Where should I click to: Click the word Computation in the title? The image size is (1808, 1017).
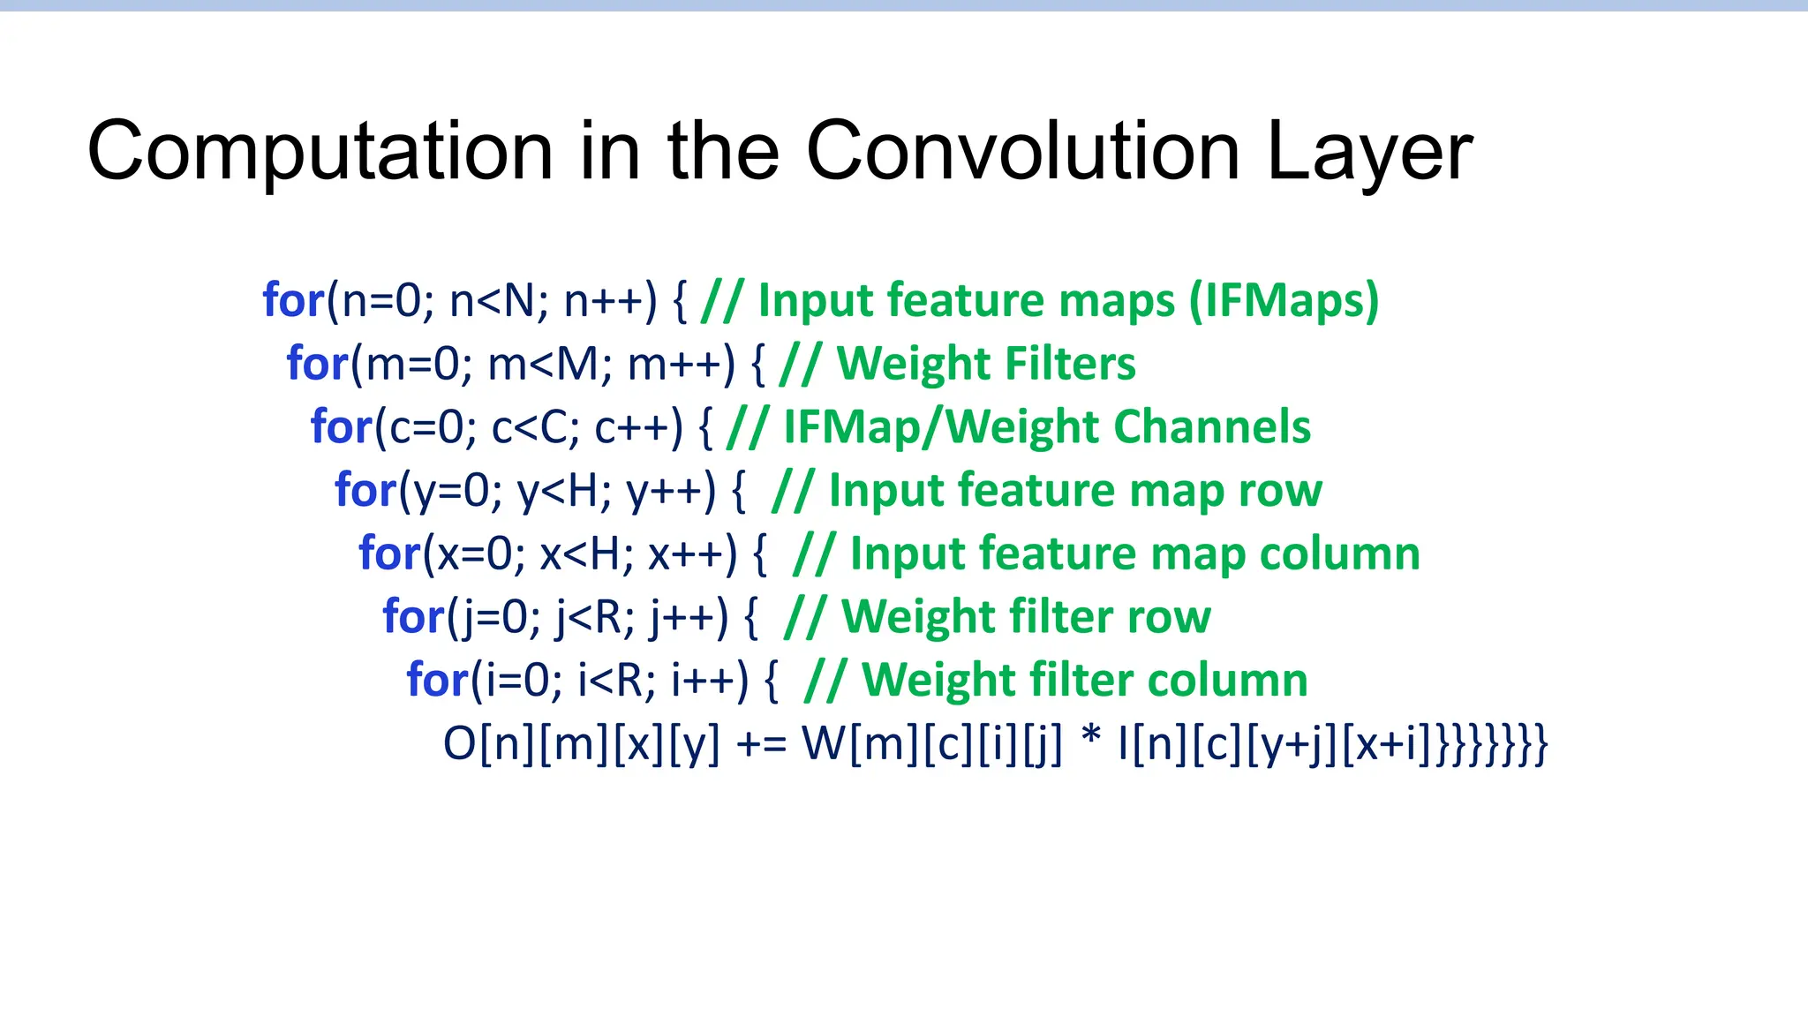[x=320, y=152]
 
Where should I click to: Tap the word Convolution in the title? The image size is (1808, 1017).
[x=1024, y=152]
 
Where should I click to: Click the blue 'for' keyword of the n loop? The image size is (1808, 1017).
[x=293, y=300]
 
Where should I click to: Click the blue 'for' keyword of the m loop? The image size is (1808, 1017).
[x=317, y=364]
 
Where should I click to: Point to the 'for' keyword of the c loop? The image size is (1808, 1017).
[x=341, y=427]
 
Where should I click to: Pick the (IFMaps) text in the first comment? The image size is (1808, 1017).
[x=1284, y=300]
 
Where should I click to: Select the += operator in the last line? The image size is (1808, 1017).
[x=760, y=743]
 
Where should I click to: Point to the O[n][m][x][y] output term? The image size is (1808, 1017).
[x=581, y=743]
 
